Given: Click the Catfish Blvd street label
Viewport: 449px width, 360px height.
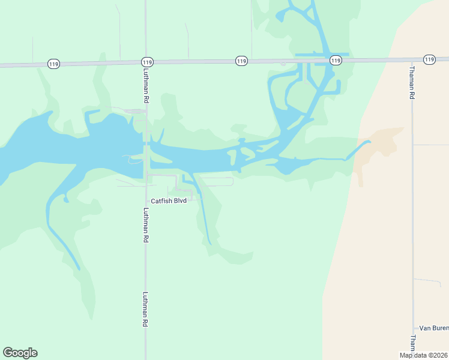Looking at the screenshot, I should click(x=169, y=201).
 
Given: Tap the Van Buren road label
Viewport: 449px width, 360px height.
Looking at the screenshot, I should click(x=433, y=328).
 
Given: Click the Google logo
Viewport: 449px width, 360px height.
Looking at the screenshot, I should click(x=20, y=353).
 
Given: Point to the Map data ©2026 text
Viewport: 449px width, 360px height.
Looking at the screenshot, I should click(x=424, y=355).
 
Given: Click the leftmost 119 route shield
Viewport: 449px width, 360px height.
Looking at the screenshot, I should click(x=53, y=64).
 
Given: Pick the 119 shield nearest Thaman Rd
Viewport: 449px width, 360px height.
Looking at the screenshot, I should click(x=429, y=59).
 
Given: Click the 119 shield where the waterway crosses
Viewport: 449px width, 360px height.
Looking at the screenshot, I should click(x=336, y=61).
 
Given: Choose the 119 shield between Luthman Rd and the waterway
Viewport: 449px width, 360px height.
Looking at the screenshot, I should click(x=241, y=61).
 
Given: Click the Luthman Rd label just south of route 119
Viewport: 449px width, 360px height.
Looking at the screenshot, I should click(x=146, y=85).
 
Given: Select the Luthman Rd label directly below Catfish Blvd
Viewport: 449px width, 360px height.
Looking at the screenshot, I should click(x=146, y=225).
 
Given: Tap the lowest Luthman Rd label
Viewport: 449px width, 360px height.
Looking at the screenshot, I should click(x=146, y=309).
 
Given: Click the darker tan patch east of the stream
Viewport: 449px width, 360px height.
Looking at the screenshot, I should click(x=381, y=144).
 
